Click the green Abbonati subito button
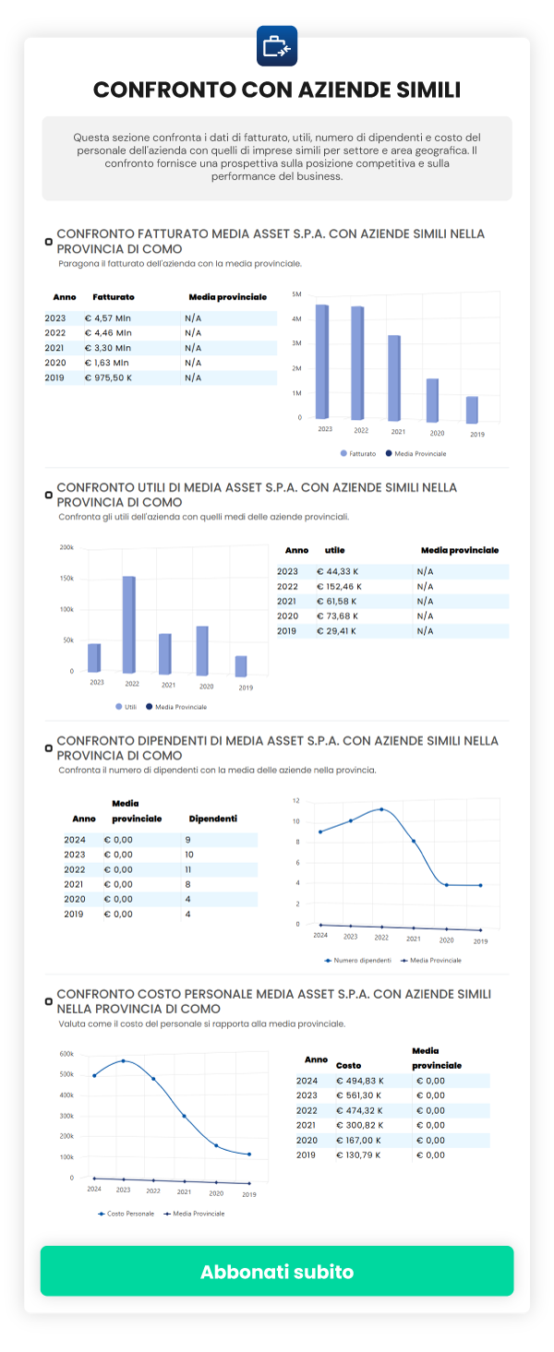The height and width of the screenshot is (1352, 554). (x=277, y=1271)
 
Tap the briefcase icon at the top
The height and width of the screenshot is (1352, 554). (x=277, y=46)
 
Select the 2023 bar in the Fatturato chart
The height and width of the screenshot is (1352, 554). (x=322, y=361)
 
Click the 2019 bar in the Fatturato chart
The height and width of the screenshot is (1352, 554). (x=472, y=409)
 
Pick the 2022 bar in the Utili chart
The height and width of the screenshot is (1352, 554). (x=129, y=625)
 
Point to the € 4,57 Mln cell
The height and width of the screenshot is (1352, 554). (x=108, y=318)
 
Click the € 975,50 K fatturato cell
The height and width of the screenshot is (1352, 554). (x=108, y=377)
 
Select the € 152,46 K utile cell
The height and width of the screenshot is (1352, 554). (x=339, y=586)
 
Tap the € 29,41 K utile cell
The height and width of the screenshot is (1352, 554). (x=336, y=630)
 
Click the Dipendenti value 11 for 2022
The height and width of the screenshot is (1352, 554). (x=188, y=869)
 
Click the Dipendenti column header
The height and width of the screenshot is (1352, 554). (x=212, y=819)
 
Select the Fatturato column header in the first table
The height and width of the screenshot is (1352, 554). (x=114, y=297)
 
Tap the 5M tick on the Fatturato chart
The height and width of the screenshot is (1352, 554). (x=296, y=294)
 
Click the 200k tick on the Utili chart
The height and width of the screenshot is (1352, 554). (x=66, y=547)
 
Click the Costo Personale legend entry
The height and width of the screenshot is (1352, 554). (x=126, y=1214)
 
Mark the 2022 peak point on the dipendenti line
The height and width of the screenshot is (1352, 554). (x=380, y=809)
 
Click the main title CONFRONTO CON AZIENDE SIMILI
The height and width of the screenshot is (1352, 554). (x=277, y=90)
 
